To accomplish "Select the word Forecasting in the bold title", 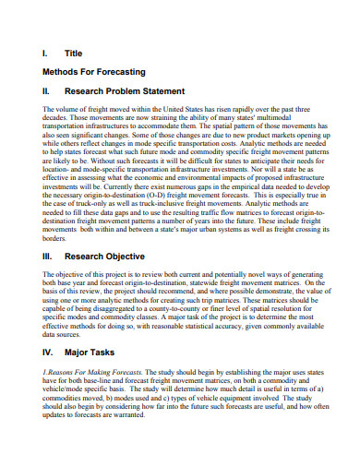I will pos(117,70).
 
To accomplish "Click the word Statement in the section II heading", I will pos(162,91).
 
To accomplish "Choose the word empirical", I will pos(228,177).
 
